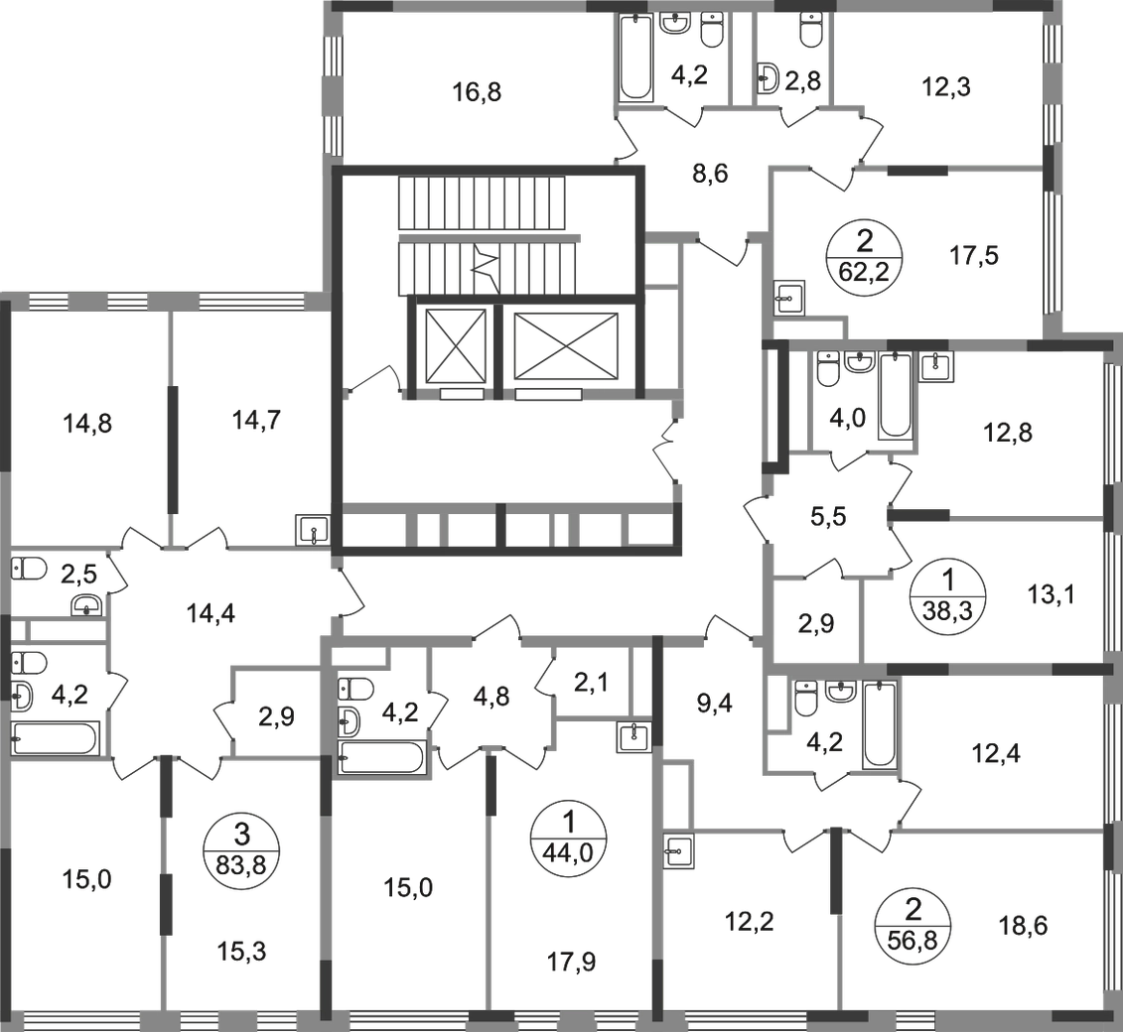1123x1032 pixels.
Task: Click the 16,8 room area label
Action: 477,92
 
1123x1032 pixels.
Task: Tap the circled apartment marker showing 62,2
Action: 865,255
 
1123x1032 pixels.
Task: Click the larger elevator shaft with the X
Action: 566,345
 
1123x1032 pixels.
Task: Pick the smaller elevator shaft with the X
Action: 456,345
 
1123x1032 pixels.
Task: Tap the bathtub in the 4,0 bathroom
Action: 895,396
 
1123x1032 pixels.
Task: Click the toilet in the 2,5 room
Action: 29,569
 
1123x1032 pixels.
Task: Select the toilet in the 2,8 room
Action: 810,30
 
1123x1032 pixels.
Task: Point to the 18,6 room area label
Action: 1022,926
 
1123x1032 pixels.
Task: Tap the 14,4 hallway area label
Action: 211,613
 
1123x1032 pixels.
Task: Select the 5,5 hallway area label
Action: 828,516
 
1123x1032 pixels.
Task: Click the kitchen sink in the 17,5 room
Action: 790,297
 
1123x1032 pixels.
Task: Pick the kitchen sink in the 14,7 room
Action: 312,530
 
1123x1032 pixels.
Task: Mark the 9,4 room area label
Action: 714,705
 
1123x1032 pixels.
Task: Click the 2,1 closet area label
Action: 591,684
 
